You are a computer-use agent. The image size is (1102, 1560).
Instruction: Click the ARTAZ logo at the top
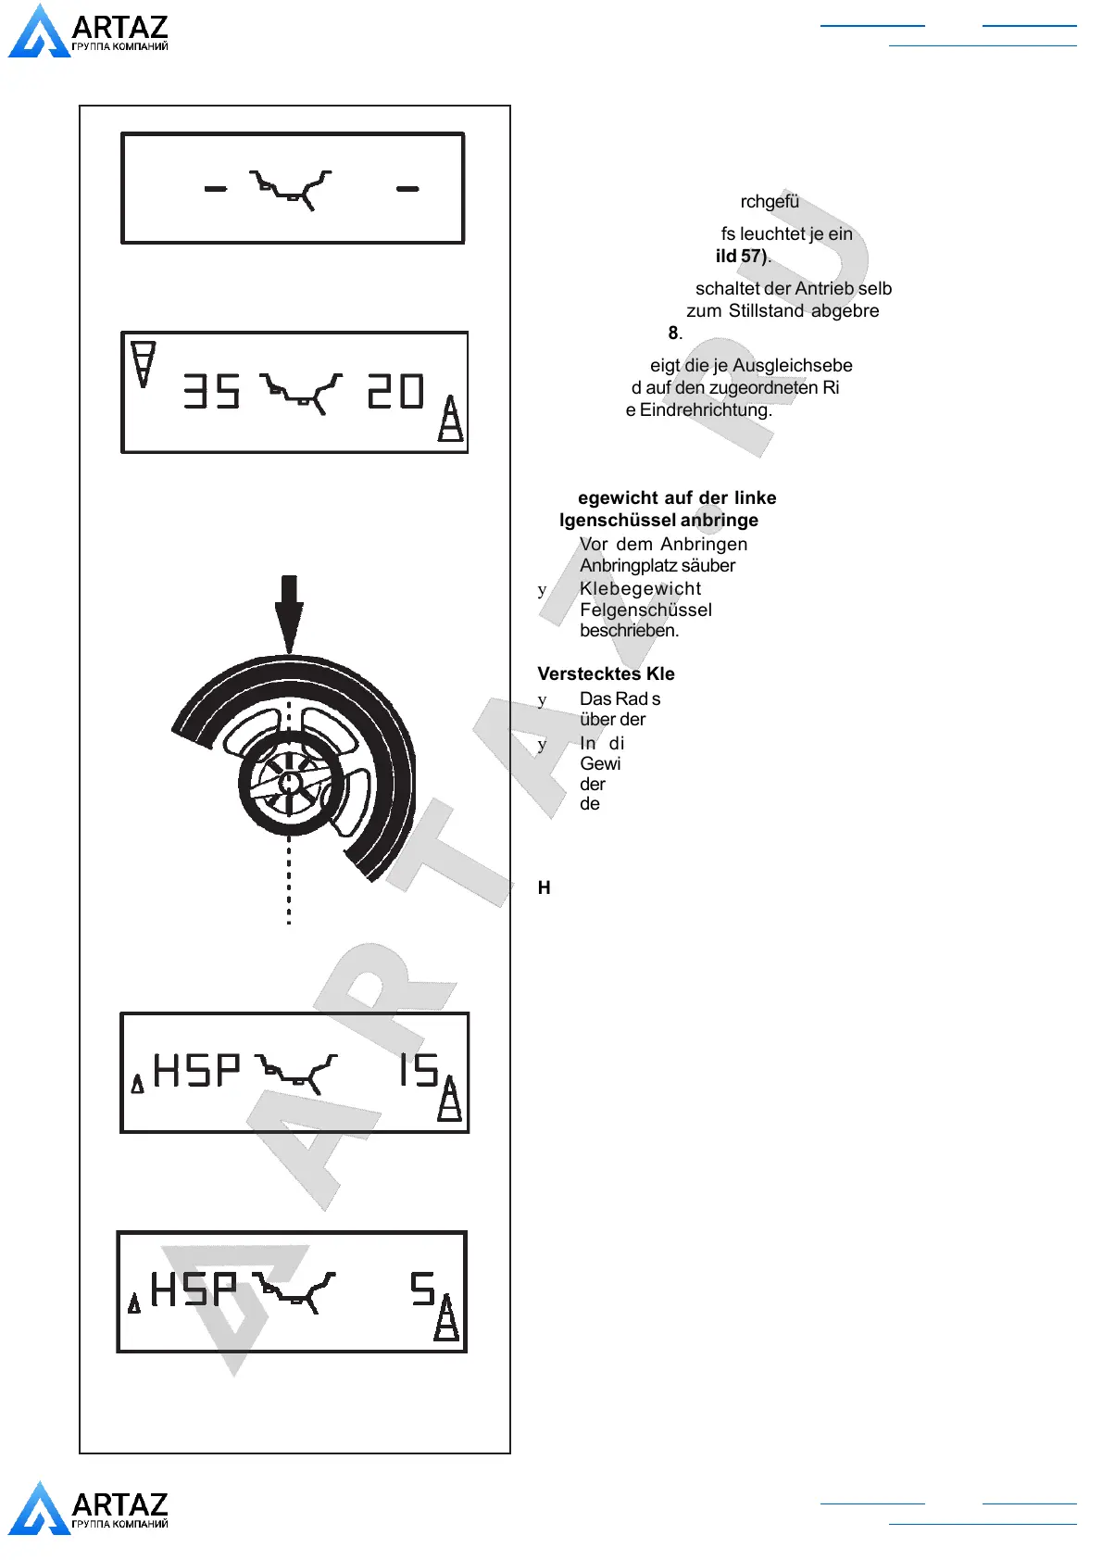pyautogui.click(x=88, y=31)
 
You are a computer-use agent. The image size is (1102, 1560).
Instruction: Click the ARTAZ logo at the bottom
pyautogui.click(x=88, y=1508)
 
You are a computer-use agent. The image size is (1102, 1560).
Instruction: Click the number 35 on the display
pyautogui.click(x=212, y=391)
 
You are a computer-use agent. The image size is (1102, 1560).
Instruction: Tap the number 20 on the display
pyautogui.click(x=396, y=391)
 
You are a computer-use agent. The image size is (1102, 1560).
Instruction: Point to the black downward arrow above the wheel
pyautogui.click(x=289, y=611)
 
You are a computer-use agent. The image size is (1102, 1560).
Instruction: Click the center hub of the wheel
pyautogui.click(x=290, y=783)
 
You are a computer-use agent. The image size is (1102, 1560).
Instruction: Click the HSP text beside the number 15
pyautogui.click(x=196, y=1071)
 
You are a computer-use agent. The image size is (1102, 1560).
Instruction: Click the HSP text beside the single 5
pyautogui.click(x=194, y=1289)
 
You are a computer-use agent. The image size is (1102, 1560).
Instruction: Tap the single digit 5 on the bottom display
pyautogui.click(x=423, y=1289)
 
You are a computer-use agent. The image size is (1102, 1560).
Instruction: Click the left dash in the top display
pyautogui.click(x=216, y=189)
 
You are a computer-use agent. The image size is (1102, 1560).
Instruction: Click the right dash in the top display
pyautogui.click(x=407, y=189)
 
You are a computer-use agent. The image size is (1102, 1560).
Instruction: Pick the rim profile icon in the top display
pyautogui.click(x=291, y=188)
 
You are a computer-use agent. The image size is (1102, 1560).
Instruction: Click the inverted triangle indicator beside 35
pyautogui.click(x=143, y=363)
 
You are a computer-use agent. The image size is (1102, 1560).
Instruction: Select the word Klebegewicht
pyautogui.click(x=640, y=588)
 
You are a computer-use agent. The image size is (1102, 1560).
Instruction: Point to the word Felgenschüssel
pyautogui.click(x=645, y=610)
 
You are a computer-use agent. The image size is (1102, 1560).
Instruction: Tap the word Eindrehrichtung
pyautogui.click(x=705, y=409)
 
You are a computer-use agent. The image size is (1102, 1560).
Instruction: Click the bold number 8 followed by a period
pyautogui.click(x=674, y=333)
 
